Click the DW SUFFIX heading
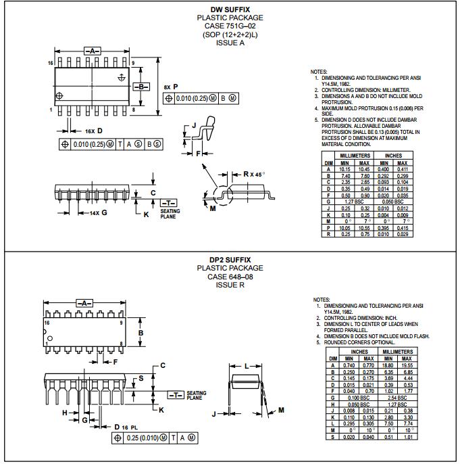pyautogui.click(x=230, y=9)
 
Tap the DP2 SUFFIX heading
pyautogui.click(x=230, y=259)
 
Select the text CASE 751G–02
pyautogui.click(x=230, y=26)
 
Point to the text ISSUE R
pyautogui.click(x=230, y=285)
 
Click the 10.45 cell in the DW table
pyautogui.click(x=364, y=169)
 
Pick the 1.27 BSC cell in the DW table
pyautogui.click(x=355, y=202)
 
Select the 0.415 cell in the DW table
pyautogui.click(x=402, y=229)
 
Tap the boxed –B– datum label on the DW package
pyautogui.click(x=141, y=87)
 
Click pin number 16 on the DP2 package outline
pyautogui.click(x=48, y=323)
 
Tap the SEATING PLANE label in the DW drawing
pyautogui.click(x=170, y=214)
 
